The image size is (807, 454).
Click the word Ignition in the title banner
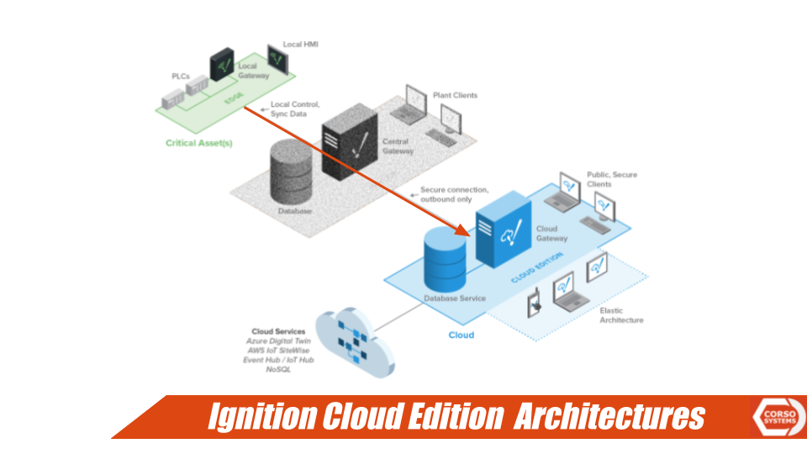click(261, 417)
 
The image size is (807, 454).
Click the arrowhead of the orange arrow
click(461, 230)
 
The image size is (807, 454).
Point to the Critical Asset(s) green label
click(199, 143)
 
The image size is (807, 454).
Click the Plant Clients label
click(455, 96)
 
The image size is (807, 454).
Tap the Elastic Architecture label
click(621, 315)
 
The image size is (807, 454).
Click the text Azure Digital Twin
click(278, 341)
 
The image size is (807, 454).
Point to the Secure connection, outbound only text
click(453, 194)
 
